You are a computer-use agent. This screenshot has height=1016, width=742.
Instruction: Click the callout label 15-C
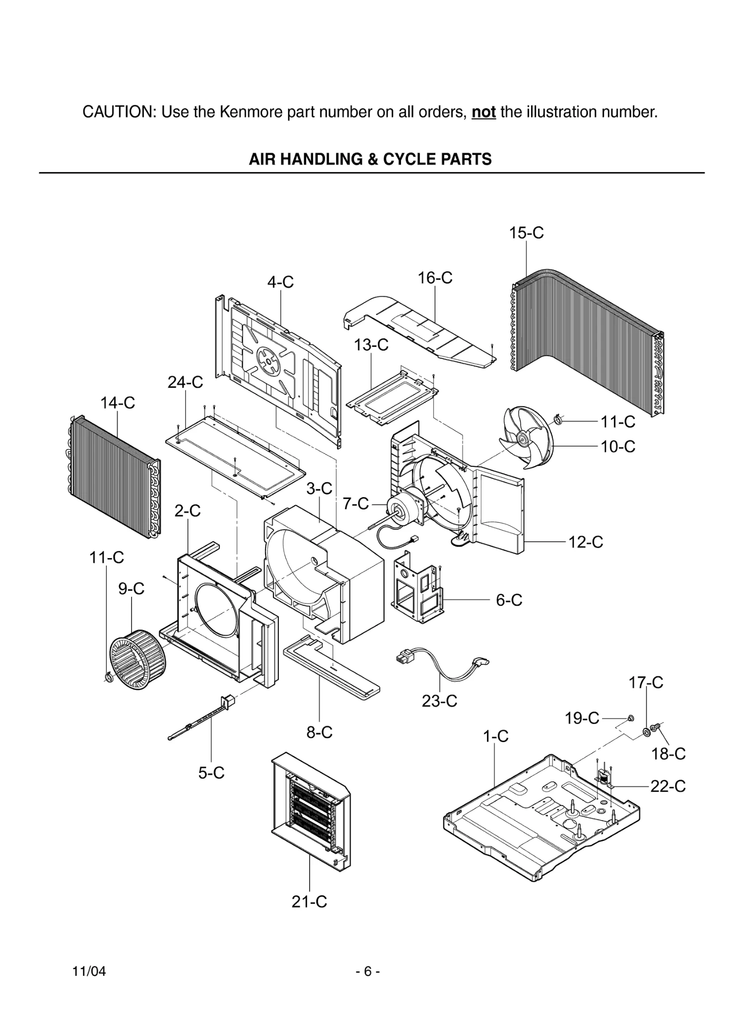click(x=526, y=233)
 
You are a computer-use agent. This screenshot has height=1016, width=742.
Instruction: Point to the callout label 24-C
click(x=185, y=382)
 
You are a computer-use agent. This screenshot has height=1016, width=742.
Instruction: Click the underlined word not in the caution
click(x=483, y=112)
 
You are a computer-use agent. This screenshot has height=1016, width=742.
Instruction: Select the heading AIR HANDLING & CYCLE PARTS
click(x=370, y=159)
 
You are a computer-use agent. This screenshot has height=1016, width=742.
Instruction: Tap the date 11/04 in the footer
click(x=89, y=971)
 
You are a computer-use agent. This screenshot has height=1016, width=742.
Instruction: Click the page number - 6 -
click(x=368, y=971)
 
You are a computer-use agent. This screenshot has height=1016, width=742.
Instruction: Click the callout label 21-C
click(x=309, y=901)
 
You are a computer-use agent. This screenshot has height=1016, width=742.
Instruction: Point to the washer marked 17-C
click(x=647, y=731)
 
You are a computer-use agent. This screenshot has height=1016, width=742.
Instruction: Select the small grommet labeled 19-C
click(x=631, y=718)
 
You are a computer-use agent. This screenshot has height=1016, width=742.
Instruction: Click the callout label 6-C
click(x=509, y=600)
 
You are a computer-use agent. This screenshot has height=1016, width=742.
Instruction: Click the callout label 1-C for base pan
click(x=496, y=736)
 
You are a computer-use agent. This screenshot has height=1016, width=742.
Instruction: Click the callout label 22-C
click(x=668, y=786)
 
